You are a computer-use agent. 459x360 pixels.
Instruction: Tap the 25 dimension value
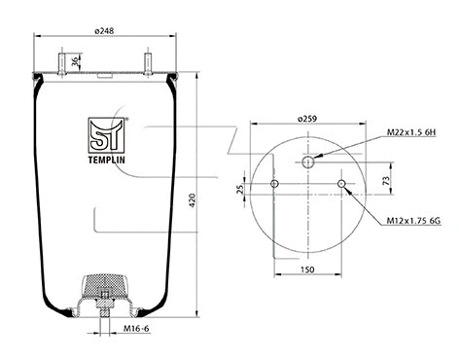coord(240,190)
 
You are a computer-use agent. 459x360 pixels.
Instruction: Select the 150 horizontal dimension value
coord(307,270)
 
